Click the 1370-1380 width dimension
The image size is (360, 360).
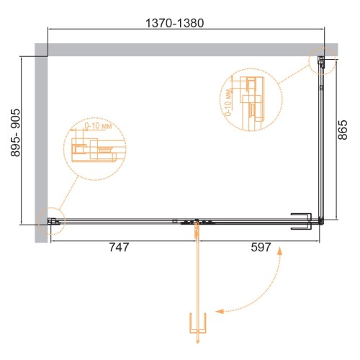[175, 23]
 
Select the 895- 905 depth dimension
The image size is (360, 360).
[16, 132]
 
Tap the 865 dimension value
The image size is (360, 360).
[343, 130]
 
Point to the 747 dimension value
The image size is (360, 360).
[119, 247]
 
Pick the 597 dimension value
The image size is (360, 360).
[261, 247]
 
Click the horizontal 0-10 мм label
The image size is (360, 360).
[98, 126]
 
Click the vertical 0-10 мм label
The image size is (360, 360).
[228, 102]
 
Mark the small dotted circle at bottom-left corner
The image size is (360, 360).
[51, 221]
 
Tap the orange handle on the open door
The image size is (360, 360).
[198, 323]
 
